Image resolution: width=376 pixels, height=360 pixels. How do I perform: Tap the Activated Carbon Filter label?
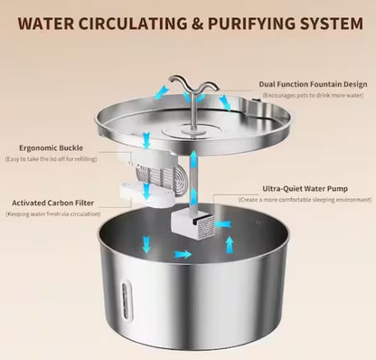tap(45, 204)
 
